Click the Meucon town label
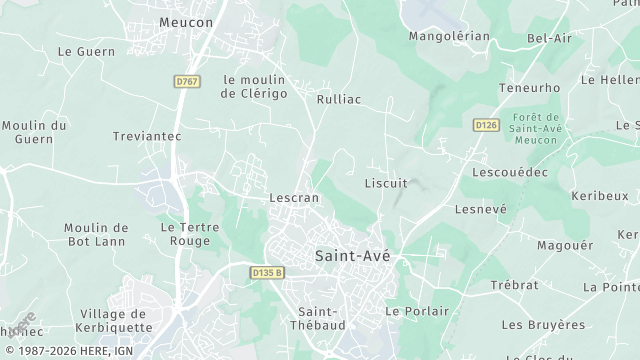[186, 21]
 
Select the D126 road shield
[486, 124]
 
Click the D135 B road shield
[267, 271]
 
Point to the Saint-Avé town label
[352, 255]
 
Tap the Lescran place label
[294, 198]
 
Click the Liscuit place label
[385, 183]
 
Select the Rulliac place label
[338, 99]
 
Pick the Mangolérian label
[449, 36]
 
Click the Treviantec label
[146, 135]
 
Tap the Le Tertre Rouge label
[190, 234]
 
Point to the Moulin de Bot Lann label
[96, 234]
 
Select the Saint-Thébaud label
[317, 317]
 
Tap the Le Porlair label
[418, 311]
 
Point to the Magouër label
[565, 245]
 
